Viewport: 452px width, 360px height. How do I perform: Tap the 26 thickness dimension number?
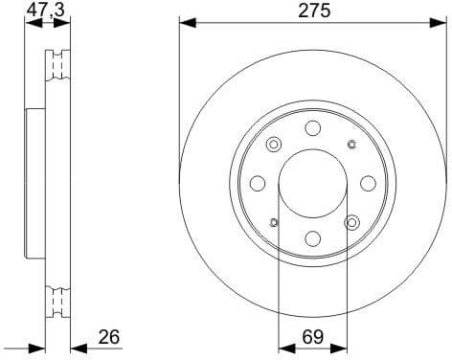click(x=110, y=338)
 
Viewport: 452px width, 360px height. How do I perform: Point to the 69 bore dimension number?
click(x=312, y=338)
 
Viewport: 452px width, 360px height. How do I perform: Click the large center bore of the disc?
click(x=312, y=185)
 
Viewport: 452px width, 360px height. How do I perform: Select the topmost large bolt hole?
click(x=312, y=129)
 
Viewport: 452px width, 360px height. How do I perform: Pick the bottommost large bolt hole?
click(x=312, y=240)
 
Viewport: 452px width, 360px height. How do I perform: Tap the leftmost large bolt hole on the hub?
click(x=257, y=185)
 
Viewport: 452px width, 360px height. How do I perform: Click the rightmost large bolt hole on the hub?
click(x=368, y=185)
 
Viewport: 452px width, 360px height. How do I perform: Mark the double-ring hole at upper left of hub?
click(x=273, y=146)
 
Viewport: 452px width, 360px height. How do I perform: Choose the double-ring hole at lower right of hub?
click(x=351, y=224)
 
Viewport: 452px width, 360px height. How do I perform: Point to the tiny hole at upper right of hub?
click(x=351, y=146)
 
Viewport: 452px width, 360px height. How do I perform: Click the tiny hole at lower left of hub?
click(x=273, y=224)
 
